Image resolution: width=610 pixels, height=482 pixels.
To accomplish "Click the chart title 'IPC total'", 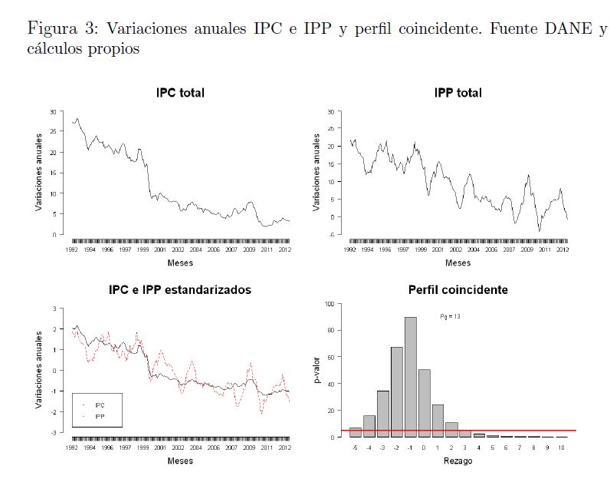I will pos(180,94).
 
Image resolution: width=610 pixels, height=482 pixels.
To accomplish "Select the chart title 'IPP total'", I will pos(457,94).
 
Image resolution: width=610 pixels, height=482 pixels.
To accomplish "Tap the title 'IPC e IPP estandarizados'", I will pos(180,290).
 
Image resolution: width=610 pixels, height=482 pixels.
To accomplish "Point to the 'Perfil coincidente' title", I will pos(458,290).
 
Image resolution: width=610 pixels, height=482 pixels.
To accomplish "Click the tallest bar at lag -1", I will pos(411,377).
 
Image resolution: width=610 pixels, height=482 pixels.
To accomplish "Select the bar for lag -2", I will pos(397,391).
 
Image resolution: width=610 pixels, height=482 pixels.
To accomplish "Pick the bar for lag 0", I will pos(424,403).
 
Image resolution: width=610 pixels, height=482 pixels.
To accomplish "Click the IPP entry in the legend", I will pos(100,416).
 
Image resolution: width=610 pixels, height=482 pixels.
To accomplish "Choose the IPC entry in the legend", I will pos(100,404).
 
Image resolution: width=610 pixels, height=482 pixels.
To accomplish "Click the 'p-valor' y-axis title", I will pos(316,371).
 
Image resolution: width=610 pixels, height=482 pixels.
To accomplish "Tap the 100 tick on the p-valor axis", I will pos(329,304).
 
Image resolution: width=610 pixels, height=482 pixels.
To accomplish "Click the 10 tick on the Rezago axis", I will pos(561,446).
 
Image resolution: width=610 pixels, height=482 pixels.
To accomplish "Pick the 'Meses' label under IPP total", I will pos(458,263).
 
